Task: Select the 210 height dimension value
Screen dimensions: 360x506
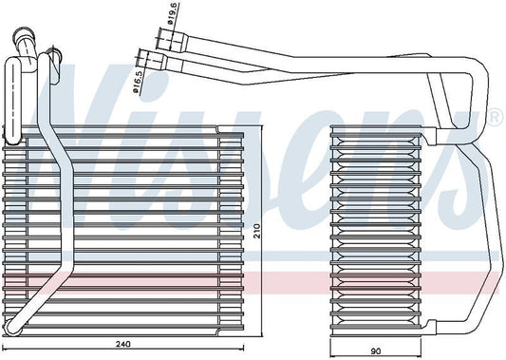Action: pyautogui.click(x=256, y=229)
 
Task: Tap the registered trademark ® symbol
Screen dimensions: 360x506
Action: pyautogui.click(x=494, y=117)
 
